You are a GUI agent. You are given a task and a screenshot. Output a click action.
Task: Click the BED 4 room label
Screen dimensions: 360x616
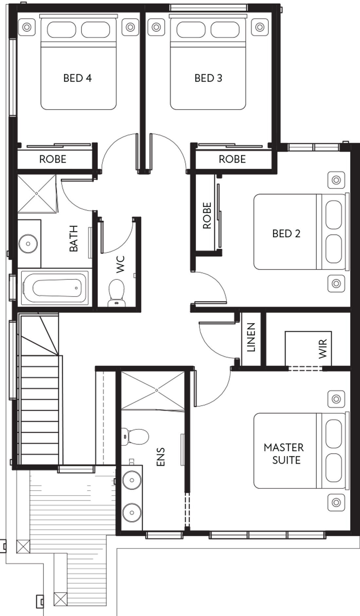pyautogui.click(x=78, y=78)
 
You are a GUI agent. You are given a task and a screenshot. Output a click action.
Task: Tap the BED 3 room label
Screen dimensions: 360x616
pyautogui.click(x=208, y=78)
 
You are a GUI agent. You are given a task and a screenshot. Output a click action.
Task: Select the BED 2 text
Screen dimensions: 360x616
pyautogui.click(x=286, y=233)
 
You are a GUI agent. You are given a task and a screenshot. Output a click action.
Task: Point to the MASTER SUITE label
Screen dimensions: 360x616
pyautogui.click(x=284, y=454)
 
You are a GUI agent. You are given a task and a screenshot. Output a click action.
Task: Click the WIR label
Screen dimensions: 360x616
pyautogui.click(x=323, y=349)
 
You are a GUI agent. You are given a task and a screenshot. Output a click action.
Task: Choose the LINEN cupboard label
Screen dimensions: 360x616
pyautogui.click(x=251, y=337)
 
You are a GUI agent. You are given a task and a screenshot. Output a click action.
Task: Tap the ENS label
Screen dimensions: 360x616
pyautogui.click(x=160, y=457)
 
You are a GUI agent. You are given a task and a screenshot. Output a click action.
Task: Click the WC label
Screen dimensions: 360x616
pyautogui.click(x=120, y=264)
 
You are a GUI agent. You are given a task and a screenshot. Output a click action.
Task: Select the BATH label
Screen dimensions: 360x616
pyautogui.click(x=74, y=239)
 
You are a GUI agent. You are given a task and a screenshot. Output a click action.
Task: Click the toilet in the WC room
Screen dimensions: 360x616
pyautogui.click(x=116, y=292)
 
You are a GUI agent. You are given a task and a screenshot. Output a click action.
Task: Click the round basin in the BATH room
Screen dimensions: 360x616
pyautogui.click(x=28, y=244)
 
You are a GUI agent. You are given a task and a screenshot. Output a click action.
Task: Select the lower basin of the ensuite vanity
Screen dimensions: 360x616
pyautogui.click(x=132, y=512)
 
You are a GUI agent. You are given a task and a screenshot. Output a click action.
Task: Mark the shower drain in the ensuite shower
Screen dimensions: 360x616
pyautogui.click(x=157, y=390)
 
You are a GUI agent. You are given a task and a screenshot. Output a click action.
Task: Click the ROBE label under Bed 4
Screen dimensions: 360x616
pyautogui.click(x=53, y=159)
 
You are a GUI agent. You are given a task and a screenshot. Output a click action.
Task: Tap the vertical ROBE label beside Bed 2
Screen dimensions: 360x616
pyautogui.click(x=207, y=215)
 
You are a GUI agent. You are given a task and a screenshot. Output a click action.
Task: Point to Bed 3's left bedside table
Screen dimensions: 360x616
pyautogui.click(x=156, y=27)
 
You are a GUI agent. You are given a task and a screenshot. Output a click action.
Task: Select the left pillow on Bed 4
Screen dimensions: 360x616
pyautogui.click(x=62, y=30)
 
